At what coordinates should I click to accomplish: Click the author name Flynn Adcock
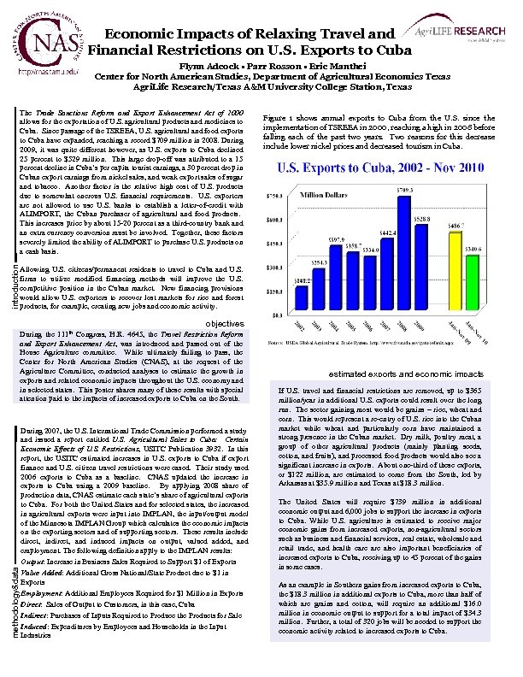(x=204, y=66)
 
